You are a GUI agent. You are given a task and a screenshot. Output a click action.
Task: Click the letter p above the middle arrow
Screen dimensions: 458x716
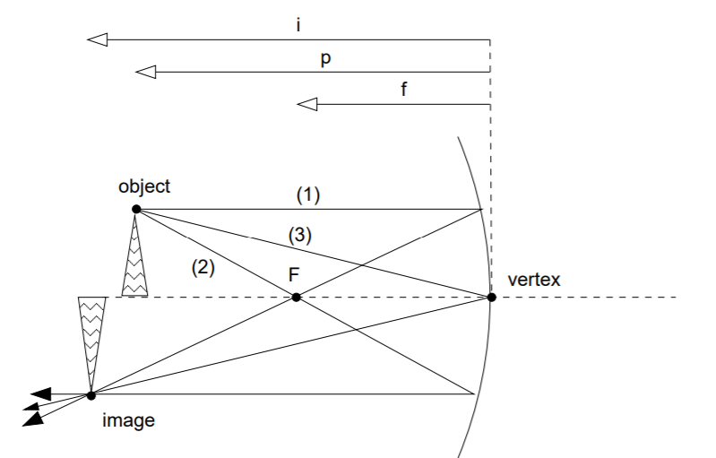click(x=327, y=56)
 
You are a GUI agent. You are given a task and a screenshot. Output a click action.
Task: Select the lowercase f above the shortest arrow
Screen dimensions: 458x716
click(x=405, y=90)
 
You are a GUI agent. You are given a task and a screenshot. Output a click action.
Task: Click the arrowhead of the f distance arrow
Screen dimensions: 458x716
click(x=308, y=105)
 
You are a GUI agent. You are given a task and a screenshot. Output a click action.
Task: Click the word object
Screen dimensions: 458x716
click(x=143, y=186)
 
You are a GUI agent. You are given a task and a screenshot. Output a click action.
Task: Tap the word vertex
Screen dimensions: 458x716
click(x=534, y=280)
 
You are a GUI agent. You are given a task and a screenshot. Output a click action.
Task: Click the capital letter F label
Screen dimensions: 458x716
click(x=294, y=275)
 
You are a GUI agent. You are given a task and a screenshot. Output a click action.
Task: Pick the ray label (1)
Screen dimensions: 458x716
click(x=308, y=194)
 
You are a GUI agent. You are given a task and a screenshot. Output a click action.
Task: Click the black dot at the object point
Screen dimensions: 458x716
click(x=135, y=209)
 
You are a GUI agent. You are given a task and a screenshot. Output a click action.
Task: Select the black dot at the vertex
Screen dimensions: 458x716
click(x=490, y=297)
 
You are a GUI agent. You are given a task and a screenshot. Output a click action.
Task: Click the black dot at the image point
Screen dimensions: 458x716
click(x=91, y=394)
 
